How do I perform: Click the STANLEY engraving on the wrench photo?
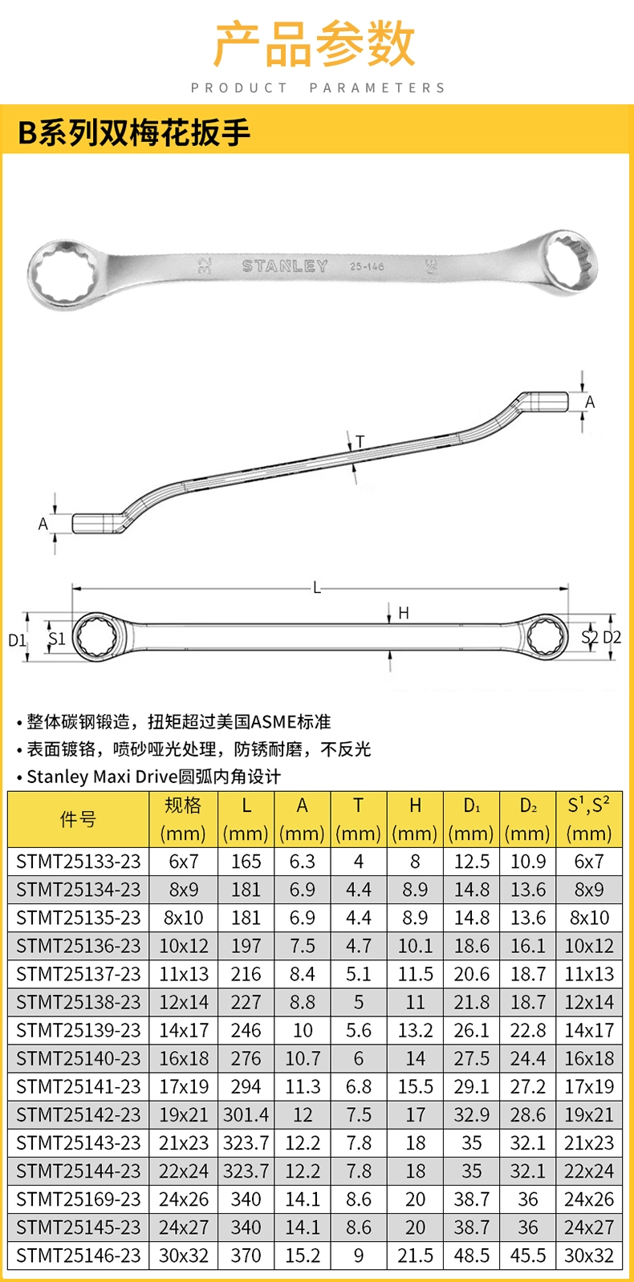(285, 266)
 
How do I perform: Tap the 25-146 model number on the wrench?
(367, 266)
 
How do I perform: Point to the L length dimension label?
(317, 588)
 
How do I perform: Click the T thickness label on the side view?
(360, 441)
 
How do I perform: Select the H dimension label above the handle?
(404, 613)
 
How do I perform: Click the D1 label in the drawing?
(17, 640)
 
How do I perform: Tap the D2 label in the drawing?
(612, 637)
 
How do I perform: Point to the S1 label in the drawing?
(57, 639)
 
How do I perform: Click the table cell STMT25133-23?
(79, 862)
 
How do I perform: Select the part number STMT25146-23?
(79, 1256)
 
